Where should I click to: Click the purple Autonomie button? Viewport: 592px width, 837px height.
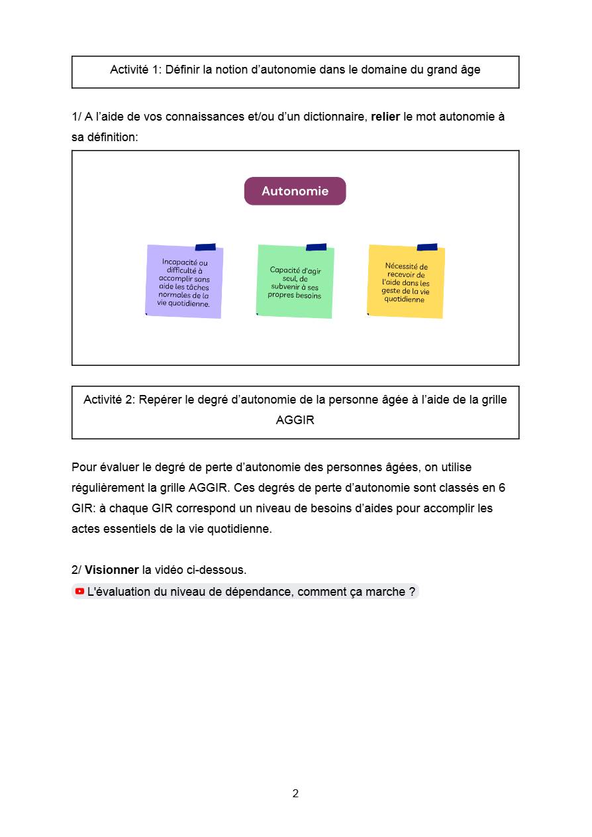(x=295, y=191)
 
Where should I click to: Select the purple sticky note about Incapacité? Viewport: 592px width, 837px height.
(x=184, y=282)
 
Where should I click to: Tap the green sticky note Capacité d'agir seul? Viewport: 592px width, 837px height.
(x=295, y=282)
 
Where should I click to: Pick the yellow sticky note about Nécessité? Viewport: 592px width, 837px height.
(x=406, y=282)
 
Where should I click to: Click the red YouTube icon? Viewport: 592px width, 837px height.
(x=79, y=591)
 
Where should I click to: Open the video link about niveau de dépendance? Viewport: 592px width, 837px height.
(x=251, y=591)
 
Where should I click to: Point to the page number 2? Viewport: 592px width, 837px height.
(x=295, y=793)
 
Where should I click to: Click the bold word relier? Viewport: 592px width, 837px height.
(x=385, y=117)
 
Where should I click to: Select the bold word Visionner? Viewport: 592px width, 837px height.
(x=111, y=570)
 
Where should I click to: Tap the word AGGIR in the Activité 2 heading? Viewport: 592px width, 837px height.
(x=295, y=420)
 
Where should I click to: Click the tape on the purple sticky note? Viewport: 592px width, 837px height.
(x=205, y=247)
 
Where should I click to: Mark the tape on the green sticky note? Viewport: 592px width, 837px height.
(x=316, y=247)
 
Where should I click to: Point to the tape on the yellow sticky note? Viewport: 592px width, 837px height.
(x=427, y=247)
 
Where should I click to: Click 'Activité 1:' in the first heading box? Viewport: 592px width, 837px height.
(x=136, y=70)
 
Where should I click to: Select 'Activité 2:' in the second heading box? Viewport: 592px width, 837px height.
(x=109, y=400)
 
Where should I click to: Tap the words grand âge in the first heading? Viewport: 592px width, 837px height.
(x=454, y=70)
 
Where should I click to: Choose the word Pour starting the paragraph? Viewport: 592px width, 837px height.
(x=83, y=467)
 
